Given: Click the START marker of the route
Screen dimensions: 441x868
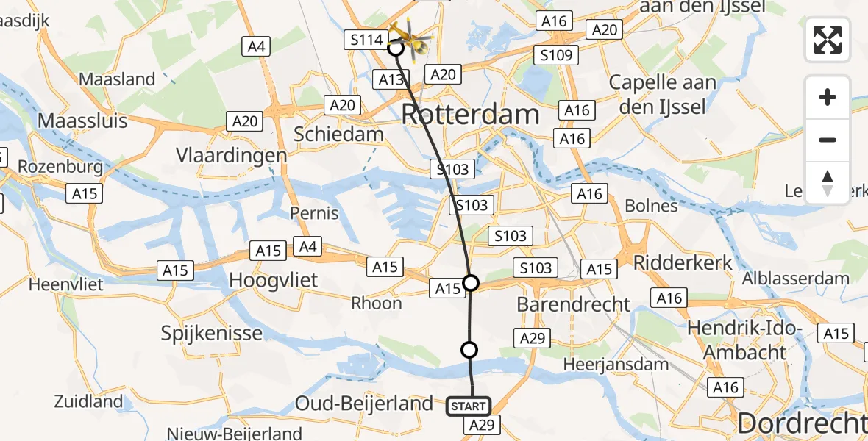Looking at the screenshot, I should tap(467, 406).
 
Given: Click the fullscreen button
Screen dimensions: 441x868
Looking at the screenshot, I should tap(828, 40).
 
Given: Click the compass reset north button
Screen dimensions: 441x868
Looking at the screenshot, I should tap(828, 183).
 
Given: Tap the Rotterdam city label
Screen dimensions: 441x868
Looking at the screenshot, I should tap(471, 115).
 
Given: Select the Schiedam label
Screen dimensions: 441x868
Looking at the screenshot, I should tap(338, 134).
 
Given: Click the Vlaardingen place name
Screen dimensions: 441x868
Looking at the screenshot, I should tap(231, 156).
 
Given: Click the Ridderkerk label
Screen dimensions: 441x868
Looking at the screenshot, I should tap(683, 262).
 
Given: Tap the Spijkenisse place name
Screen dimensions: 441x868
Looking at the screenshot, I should tap(212, 333).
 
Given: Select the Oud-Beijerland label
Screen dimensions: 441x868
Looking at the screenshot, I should tap(363, 403).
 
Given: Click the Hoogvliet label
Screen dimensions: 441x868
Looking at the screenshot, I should tap(274, 279).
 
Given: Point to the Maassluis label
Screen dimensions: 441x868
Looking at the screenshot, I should tap(82, 121).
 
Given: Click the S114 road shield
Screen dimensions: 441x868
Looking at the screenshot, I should tap(366, 40).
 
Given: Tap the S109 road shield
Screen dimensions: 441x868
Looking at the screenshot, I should tap(558, 54).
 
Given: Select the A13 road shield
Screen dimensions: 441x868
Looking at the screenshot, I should tap(391, 79).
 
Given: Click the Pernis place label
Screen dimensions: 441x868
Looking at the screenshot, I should tap(314, 213).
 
